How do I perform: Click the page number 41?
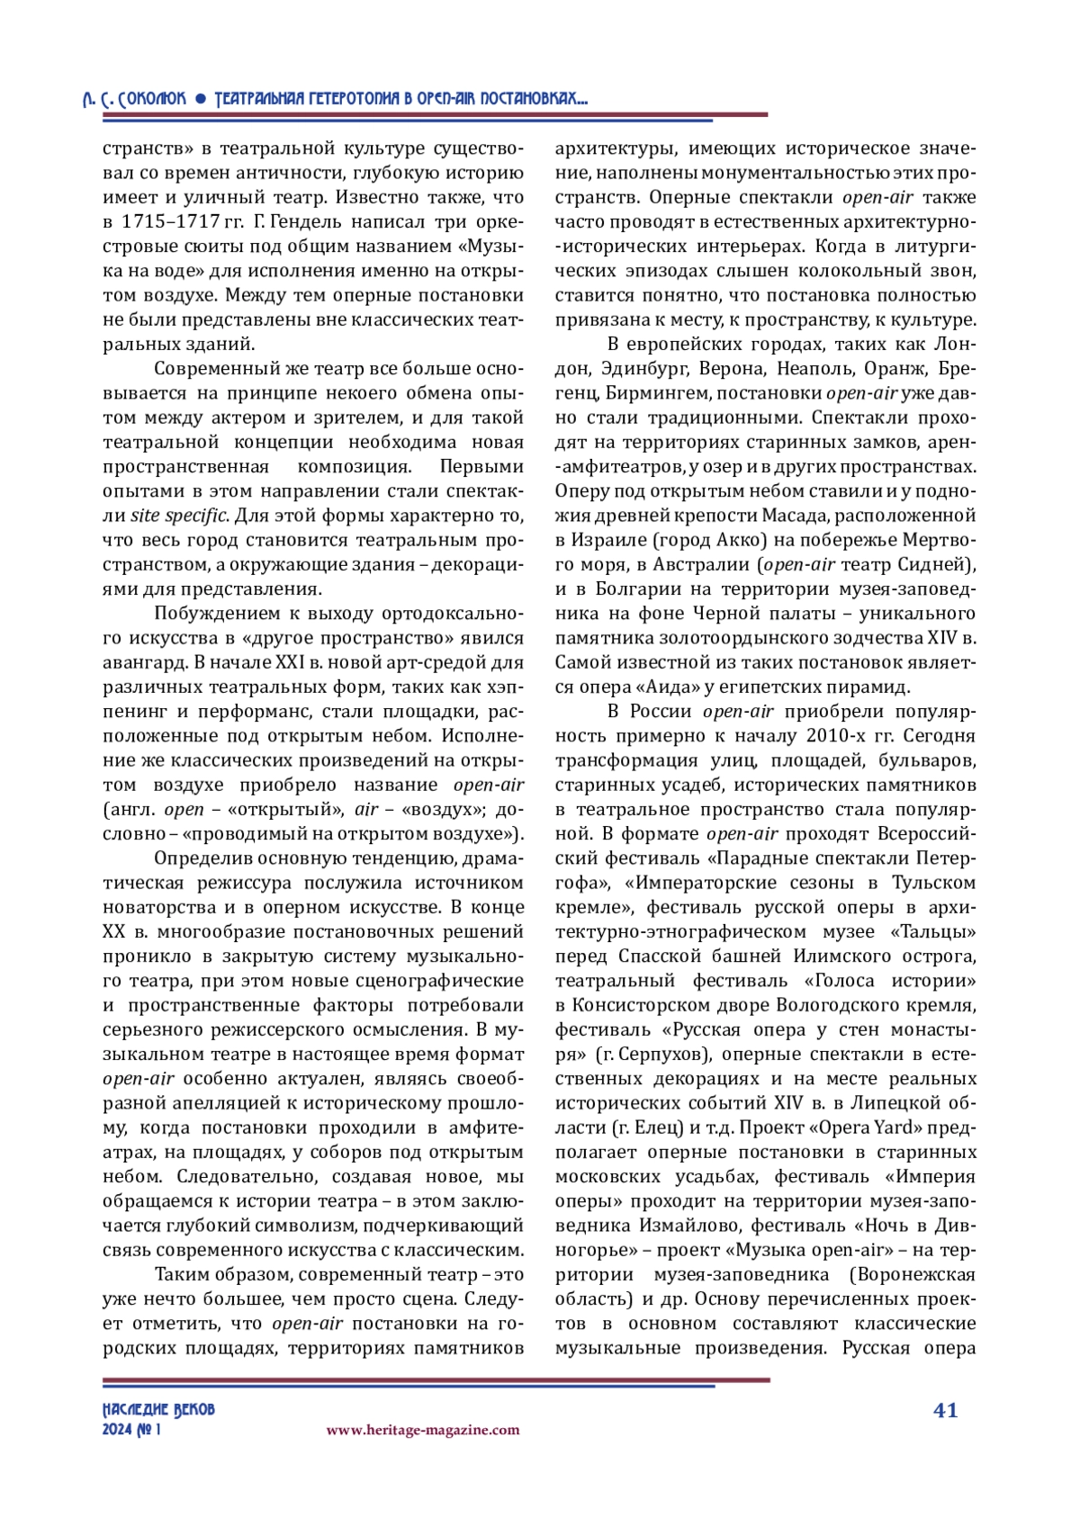point(945,1410)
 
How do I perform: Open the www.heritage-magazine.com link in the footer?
point(422,1430)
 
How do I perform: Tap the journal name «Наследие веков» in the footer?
point(158,1409)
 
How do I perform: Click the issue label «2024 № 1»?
point(131,1430)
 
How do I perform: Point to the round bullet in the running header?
point(201,99)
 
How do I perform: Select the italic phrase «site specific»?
point(179,516)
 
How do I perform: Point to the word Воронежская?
point(918,1274)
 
